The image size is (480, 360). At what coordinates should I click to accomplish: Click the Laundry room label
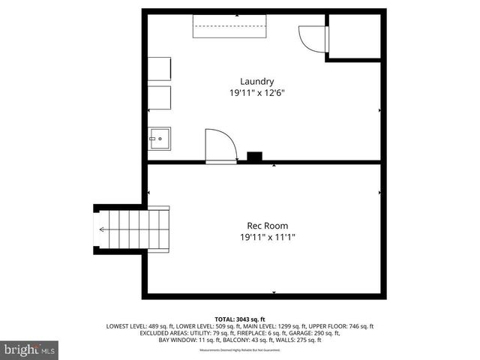256,81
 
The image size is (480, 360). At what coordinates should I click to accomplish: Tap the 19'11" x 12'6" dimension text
256,93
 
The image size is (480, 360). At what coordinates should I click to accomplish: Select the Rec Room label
267,226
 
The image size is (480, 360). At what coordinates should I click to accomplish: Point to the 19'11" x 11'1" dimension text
267,238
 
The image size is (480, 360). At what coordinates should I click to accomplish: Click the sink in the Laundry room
159,138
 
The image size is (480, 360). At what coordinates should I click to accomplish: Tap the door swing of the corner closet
310,37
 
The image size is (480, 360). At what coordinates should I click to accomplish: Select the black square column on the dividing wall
255,157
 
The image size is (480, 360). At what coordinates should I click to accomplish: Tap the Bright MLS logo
30,349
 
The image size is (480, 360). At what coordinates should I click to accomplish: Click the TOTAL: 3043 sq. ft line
240,319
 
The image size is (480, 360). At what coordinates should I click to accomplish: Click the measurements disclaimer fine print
239,350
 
